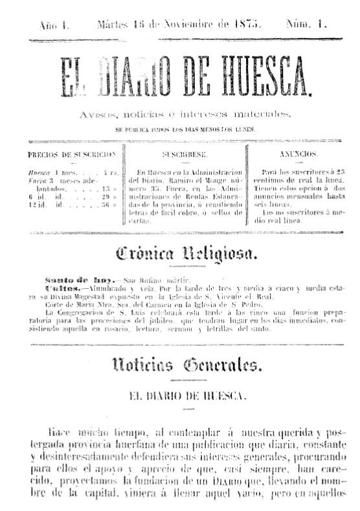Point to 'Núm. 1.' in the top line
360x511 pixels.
[x=306, y=25]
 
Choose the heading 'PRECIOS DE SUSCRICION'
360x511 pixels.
[x=72, y=155]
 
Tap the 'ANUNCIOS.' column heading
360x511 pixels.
[x=298, y=155]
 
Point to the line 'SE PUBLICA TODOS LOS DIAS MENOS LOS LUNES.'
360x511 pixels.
[x=185, y=129]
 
